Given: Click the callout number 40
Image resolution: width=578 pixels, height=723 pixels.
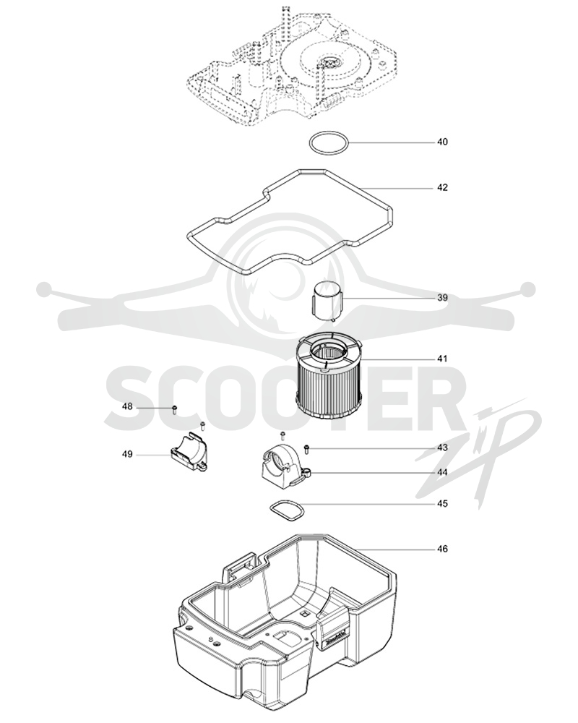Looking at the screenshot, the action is point(442,142).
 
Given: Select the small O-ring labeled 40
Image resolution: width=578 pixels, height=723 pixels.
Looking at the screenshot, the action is point(328,134).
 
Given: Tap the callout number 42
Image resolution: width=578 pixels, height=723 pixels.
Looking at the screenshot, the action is point(442,187).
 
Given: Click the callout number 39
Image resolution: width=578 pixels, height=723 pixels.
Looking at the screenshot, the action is point(442,297).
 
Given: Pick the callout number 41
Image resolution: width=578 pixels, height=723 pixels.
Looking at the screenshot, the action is point(442,359).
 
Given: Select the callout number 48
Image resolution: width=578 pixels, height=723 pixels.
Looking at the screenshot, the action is point(127,406).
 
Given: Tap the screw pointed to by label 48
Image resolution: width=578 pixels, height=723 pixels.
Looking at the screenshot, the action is point(175,409).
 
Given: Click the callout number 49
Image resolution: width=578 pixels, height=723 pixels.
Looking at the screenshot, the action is point(127,454).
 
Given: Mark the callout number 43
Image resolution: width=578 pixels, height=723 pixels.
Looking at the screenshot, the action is point(442,448).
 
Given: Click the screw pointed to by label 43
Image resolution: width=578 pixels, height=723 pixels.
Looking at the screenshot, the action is point(306,448).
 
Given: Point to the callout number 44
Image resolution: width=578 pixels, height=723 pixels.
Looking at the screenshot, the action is point(442,472).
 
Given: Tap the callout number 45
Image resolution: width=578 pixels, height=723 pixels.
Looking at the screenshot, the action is point(442,503).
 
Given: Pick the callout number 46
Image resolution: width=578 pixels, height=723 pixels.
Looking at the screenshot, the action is point(442,549).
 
